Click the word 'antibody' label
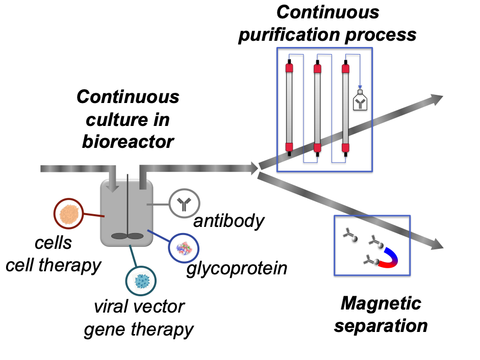(x=229, y=221)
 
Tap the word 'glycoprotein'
(x=236, y=268)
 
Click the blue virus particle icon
(x=141, y=281)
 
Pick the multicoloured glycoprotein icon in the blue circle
(x=183, y=248)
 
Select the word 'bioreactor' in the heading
(x=128, y=141)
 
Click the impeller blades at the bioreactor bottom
(x=127, y=236)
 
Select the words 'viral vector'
(x=139, y=307)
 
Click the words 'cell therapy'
(x=53, y=265)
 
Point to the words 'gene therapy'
(x=139, y=329)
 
